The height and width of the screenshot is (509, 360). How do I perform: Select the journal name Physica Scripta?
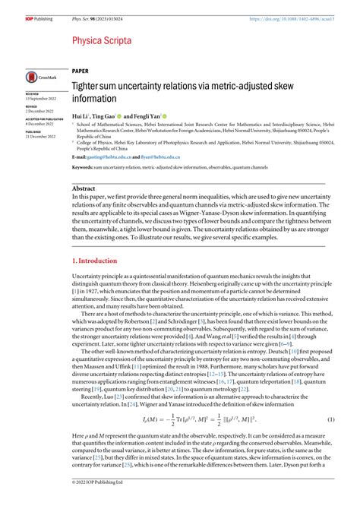pos(103,40)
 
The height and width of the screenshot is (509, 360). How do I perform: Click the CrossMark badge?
pos(38,76)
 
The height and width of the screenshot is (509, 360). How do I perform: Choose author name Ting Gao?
pos(109,116)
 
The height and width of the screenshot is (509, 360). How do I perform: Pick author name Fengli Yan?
pos(156,116)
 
